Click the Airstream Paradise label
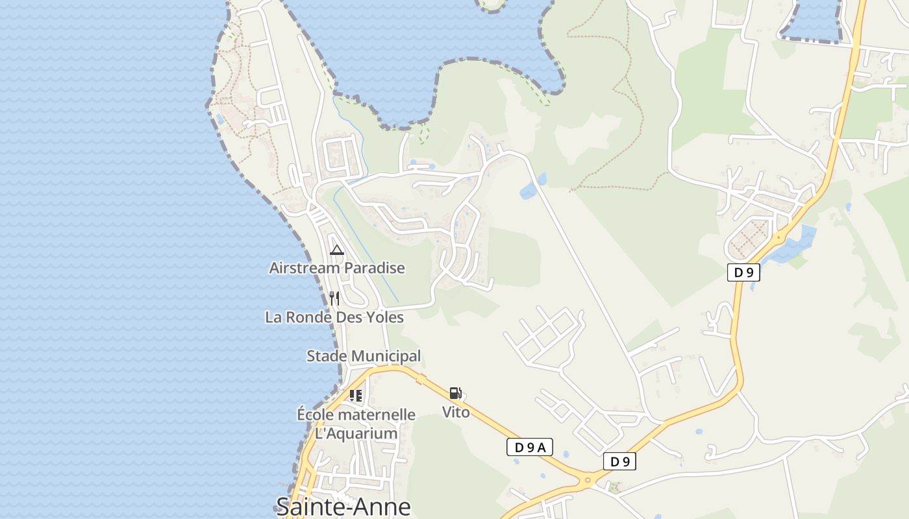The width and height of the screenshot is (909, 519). pos(337,268)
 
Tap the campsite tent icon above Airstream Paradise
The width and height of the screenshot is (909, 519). pos(336,250)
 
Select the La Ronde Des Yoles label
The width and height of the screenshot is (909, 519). pos(334,317)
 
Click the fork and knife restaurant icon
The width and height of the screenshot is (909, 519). pos(334,298)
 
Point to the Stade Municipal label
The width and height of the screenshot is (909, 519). pos(364,356)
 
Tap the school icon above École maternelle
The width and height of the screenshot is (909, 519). pos(356,395)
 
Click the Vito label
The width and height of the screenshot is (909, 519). pos(456,412)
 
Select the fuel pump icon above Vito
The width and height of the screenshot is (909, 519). pos(456,393)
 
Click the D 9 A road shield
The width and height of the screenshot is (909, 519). pos(529,447)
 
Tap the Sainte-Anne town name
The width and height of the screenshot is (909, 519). pos(343,506)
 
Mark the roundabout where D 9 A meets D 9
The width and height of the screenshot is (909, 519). pos(589,481)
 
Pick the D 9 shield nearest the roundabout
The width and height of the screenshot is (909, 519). pos(619,462)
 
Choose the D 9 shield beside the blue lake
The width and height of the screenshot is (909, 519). pos(743,272)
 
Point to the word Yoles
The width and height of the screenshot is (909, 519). pos(385,317)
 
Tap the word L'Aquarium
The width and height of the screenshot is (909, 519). pos(356,433)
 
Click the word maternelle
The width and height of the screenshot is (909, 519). pos(377,415)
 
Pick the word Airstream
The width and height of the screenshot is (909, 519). pos(305,268)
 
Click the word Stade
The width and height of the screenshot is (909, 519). pos(327,356)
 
